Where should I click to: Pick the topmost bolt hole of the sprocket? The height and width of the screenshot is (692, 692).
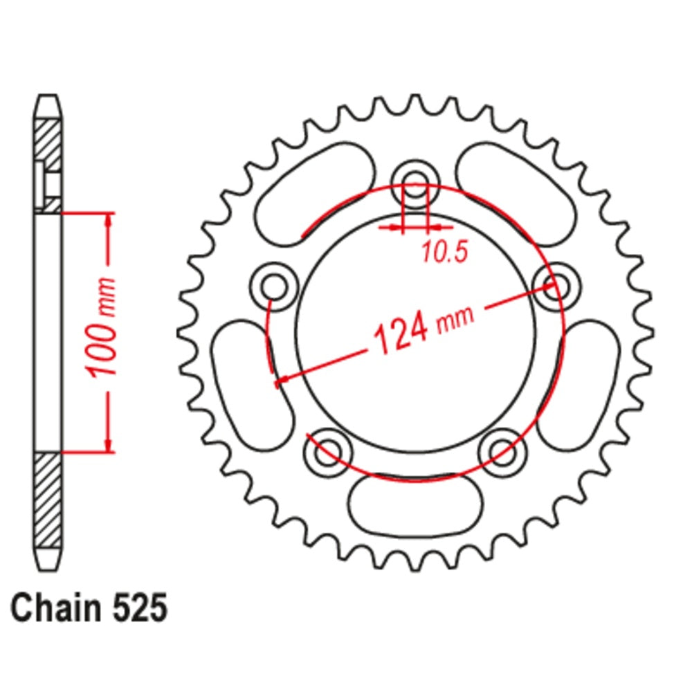click(x=415, y=184)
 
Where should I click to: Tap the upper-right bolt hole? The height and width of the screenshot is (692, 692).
click(x=556, y=285)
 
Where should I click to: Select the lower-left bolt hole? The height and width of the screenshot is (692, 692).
click(x=327, y=453)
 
